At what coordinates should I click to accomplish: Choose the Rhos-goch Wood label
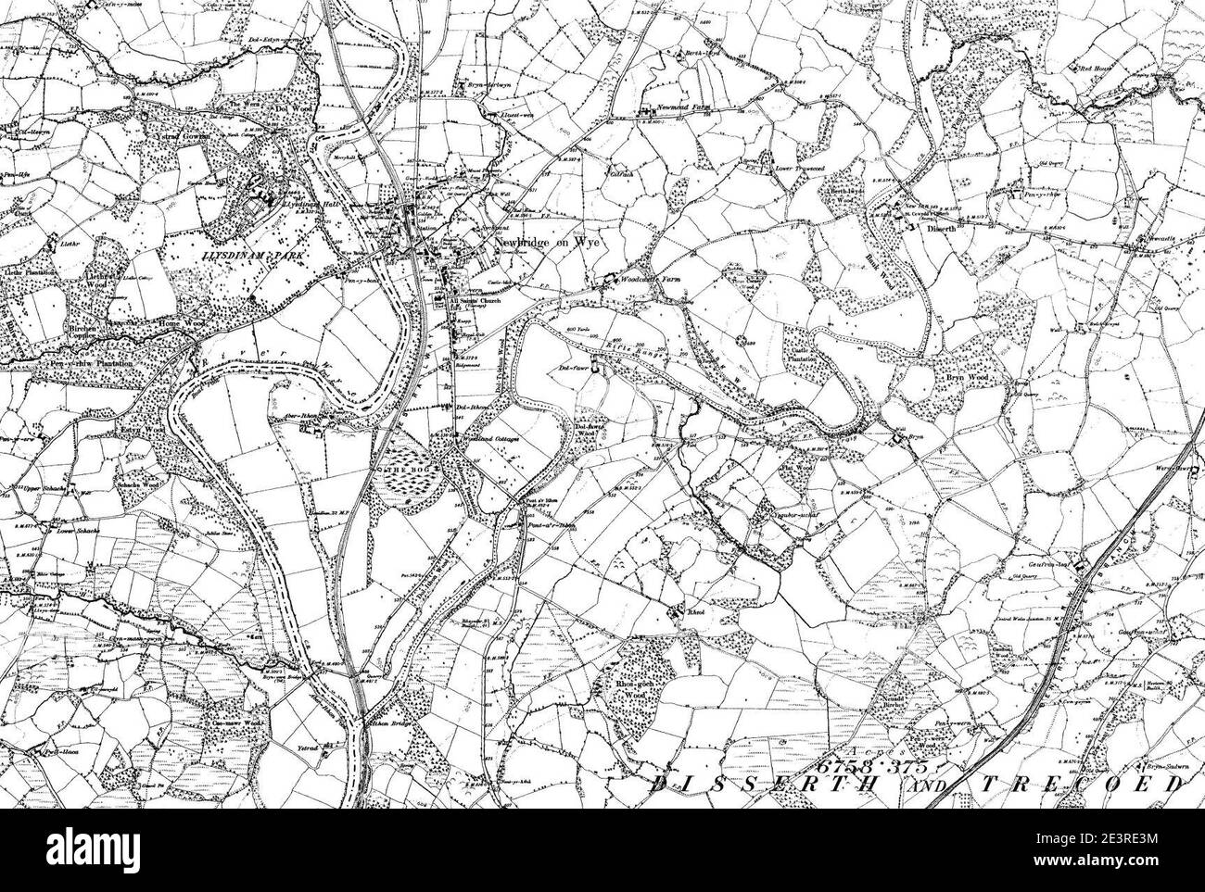(632, 687)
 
